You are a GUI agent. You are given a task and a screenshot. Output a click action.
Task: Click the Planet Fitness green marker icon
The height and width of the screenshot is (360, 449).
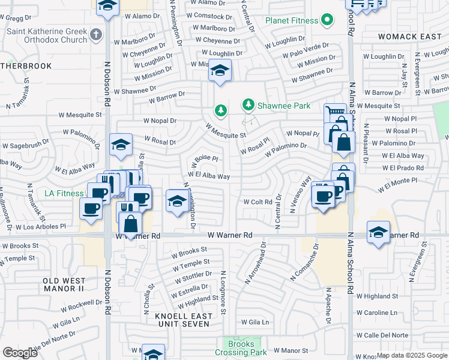pyautogui.click(x=327, y=20)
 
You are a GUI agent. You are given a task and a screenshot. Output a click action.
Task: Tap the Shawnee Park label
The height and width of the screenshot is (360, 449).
pyautogui.click(x=284, y=106)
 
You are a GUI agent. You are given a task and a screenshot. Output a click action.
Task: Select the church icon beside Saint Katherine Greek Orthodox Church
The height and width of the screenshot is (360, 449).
pyautogui.click(x=96, y=35)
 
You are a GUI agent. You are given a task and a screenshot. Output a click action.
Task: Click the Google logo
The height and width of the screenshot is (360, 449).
pyautogui.click(x=20, y=353)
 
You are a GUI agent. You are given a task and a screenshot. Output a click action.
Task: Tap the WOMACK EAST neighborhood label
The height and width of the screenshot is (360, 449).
pyautogui.click(x=410, y=37)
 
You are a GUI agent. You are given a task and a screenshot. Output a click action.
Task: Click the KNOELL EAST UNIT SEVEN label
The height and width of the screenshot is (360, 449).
pyautogui.click(x=181, y=319)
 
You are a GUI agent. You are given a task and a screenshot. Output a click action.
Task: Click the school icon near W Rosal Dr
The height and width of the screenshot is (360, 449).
pyautogui.click(x=121, y=144)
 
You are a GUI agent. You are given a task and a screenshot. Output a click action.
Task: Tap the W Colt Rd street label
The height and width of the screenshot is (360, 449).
pyautogui.click(x=258, y=202)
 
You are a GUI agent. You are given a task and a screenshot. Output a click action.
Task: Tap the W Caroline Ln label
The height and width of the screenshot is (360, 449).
pyautogui.click(x=377, y=313)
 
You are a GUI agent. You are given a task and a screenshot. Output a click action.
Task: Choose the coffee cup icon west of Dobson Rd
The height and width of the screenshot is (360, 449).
pyautogui.click(x=91, y=208)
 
